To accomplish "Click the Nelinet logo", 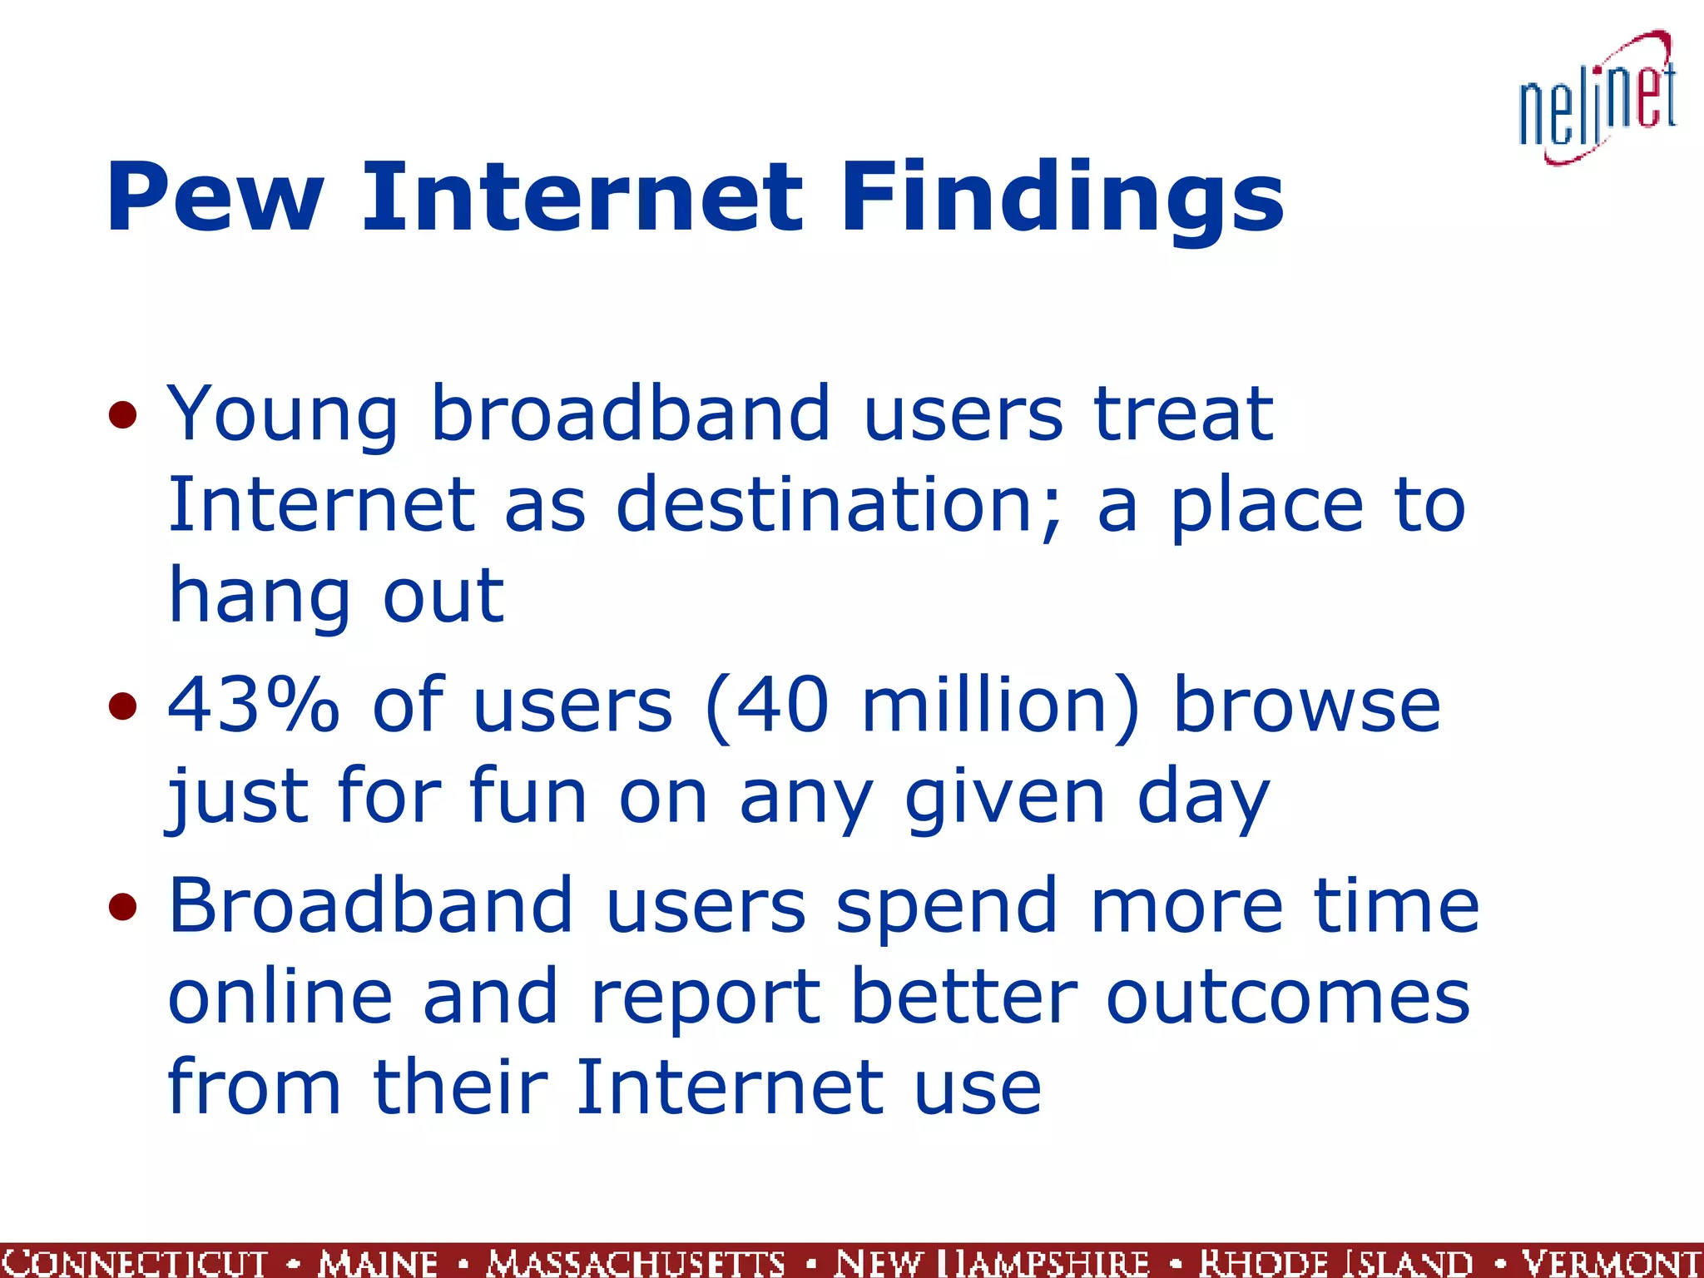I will click(x=1597, y=100).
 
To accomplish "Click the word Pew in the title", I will click(x=215, y=198).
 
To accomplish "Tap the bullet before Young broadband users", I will click(x=122, y=414).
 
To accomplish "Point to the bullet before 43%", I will click(x=122, y=706).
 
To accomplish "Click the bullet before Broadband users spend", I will click(x=122, y=906).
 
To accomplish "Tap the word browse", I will click(x=1306, y=706).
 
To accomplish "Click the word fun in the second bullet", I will click(x=528, y=797).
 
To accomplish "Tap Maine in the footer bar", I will click(x=379, y=1262).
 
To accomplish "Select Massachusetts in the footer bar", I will click(x=637, y=1262).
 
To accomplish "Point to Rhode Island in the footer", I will click(x=1336, y=1262).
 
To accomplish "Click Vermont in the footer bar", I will click(x=1611, y=1262).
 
